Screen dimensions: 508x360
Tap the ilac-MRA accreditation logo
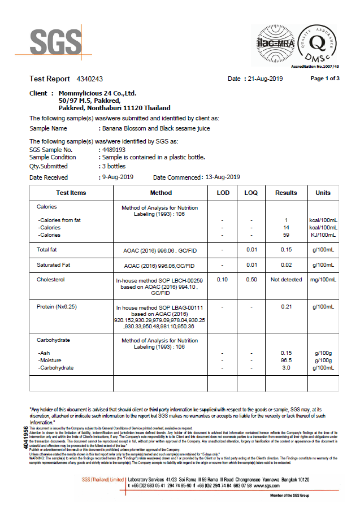(275, 42)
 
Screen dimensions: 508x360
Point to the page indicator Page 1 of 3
(325, 79)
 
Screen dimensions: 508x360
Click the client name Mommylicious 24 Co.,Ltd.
(98, 93)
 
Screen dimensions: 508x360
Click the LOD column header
(223, 193)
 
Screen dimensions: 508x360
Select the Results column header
(286, 193)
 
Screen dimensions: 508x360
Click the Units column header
(323, 193)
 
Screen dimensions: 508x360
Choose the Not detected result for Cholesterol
(286, 280)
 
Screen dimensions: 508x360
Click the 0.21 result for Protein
(286, 307)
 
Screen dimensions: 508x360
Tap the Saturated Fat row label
(54, 265)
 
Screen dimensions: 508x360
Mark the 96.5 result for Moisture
(286, 360)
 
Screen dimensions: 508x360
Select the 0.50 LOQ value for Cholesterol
(251, 280)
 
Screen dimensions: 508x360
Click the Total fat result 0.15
(286, 249)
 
